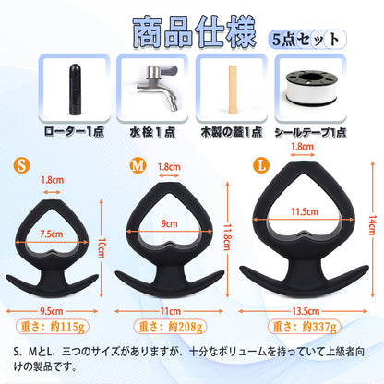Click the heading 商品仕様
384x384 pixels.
(x=195, y=31)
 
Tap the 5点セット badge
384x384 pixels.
(x=307, y=39)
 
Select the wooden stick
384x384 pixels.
(x=233, y=90)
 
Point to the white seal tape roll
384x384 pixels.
(x=311, y=89)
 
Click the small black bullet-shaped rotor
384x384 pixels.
(x=75, y=90)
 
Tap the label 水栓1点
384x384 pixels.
(x=152, y=132)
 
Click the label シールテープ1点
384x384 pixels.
(x=310, y=133)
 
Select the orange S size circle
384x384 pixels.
(x=21, y=165)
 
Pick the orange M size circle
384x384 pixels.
(x=138, y=165)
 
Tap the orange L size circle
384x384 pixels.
(x=261, y=165)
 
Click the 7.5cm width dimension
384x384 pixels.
(x=52, y=234)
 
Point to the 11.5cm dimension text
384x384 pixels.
(x=305, y=211)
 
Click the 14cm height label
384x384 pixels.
(x=372, y=225)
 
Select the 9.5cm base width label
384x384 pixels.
(x=52, y=311)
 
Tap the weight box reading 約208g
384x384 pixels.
(x=170, y=327)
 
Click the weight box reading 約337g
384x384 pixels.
(x=304, y=327)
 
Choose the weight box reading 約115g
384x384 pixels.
(x=53, y=327)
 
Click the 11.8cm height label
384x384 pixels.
(x=227, y=237)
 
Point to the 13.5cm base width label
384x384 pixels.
(x=306, y=311)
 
